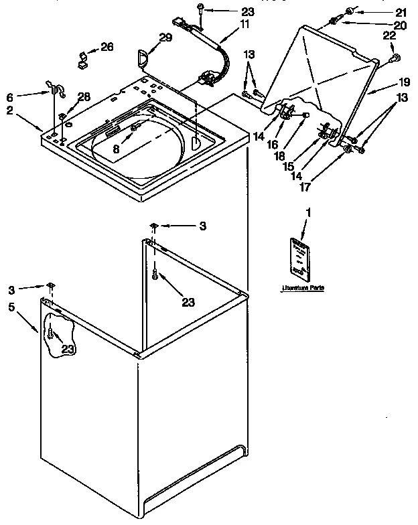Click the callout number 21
[401, 12]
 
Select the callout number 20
[401, 26]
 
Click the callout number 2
[10, 110]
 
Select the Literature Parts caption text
[303, 287]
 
